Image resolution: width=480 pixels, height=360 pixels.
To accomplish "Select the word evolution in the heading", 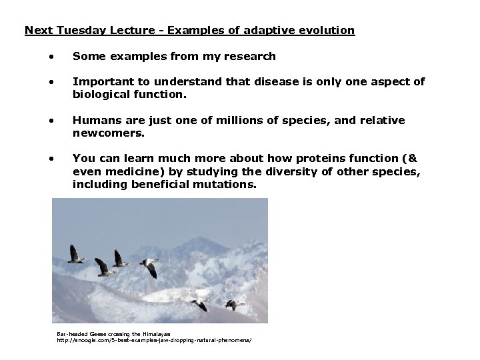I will pyautogui.click(x=327, y=30).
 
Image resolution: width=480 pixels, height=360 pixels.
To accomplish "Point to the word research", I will pyautogui.click(x=251, y=57).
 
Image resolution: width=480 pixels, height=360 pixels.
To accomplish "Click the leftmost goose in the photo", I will pyautogui.click(x=76, y=255).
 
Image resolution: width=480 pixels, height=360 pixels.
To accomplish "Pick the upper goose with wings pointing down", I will pyautogui.click(x=150, y=267).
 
